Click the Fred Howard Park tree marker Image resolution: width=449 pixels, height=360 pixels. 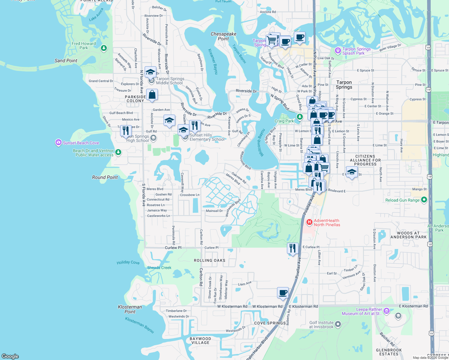click(x=104, y=48)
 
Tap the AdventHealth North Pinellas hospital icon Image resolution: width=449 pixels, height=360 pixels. click(x=309, y=222)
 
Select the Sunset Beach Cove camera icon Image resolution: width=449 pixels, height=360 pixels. click(x=59, y=142)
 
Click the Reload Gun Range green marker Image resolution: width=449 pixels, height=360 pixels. click(x=424, y=199)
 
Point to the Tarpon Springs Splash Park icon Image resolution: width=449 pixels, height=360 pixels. click(x=338, y=51)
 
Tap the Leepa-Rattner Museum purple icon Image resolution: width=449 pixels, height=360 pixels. click(x=386, y=311)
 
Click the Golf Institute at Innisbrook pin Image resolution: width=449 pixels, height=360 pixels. click(x=338, y=324)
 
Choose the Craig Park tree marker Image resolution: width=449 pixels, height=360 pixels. click(x=299, y=116)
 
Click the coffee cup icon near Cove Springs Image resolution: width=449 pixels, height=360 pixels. click(x=283, y=292)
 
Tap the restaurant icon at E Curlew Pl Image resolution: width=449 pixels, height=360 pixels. click(x=292, y=248)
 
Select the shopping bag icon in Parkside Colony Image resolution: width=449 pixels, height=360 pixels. click(x=152, y=94)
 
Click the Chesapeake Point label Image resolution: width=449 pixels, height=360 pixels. click(x=223, y=36)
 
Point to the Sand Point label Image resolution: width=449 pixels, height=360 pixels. click(x=66, y=61)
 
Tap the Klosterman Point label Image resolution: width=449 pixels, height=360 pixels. click(x=130, y=309)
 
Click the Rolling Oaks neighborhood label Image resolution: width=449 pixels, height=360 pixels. click(x=209, y=260)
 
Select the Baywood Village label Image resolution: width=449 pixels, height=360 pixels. click(x=200, y=340)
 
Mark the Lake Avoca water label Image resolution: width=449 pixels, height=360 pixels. click(x=96, y=15)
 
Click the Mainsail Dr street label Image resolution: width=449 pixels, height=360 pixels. click(x=214, y=211)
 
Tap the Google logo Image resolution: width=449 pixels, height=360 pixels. click(x=10, y=356)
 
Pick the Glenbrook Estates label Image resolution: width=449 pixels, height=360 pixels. click(x=389, y=352)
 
